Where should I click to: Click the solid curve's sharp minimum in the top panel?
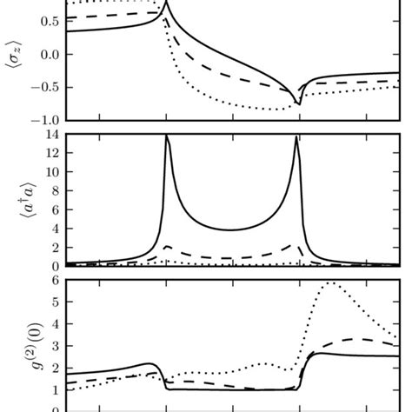(298, 103)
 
